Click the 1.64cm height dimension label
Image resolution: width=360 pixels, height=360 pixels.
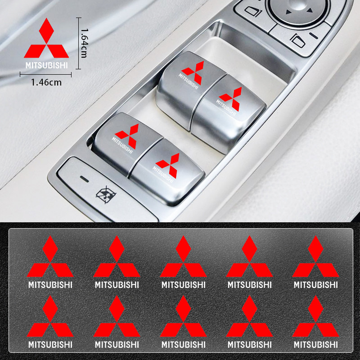point(84,43)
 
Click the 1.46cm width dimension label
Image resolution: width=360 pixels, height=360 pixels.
point(46,82)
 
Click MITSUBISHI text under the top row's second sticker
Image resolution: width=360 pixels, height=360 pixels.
point(117,285)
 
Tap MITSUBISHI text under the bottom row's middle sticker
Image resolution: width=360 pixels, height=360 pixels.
point(183,345)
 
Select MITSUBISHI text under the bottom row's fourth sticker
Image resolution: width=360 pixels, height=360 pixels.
point(250,345)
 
